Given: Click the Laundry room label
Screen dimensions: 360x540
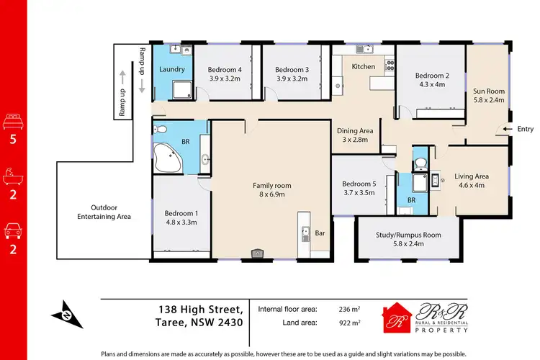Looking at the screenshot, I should point(172,70).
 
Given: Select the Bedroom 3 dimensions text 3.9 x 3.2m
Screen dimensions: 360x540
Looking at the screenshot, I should point(292,80).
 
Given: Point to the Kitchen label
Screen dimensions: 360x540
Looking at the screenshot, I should point(363,67).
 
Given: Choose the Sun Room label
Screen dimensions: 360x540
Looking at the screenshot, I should point(488,91).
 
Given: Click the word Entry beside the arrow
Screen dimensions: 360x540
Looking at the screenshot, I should point(525,129).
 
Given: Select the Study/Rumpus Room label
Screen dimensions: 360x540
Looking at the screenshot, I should point(408,235).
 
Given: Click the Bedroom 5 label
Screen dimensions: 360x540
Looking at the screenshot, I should point(359,184).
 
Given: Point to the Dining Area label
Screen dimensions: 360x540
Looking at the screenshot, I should point(356,130).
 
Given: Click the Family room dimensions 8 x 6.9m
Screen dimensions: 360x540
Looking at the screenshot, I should point(267,194).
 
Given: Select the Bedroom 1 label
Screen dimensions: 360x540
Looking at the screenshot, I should point(181,213).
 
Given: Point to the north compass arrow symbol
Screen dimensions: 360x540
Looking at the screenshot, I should point(63,314).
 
